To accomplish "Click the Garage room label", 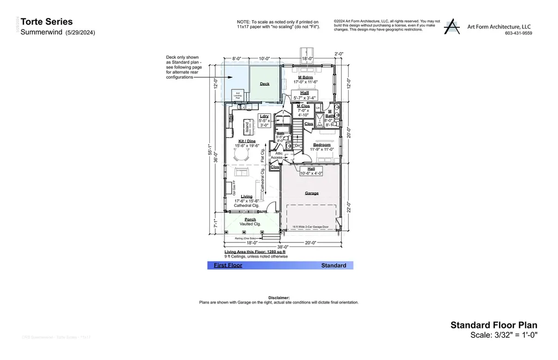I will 312,193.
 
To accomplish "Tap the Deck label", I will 264,84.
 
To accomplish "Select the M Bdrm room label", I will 305,77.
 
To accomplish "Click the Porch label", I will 250,219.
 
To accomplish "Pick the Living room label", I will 247,197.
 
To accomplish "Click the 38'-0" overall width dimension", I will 282,247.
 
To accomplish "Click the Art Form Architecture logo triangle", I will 452,27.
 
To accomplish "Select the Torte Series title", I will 46,22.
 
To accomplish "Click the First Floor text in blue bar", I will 228,265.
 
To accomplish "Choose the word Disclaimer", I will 279,297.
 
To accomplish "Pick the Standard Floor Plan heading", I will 494,325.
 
